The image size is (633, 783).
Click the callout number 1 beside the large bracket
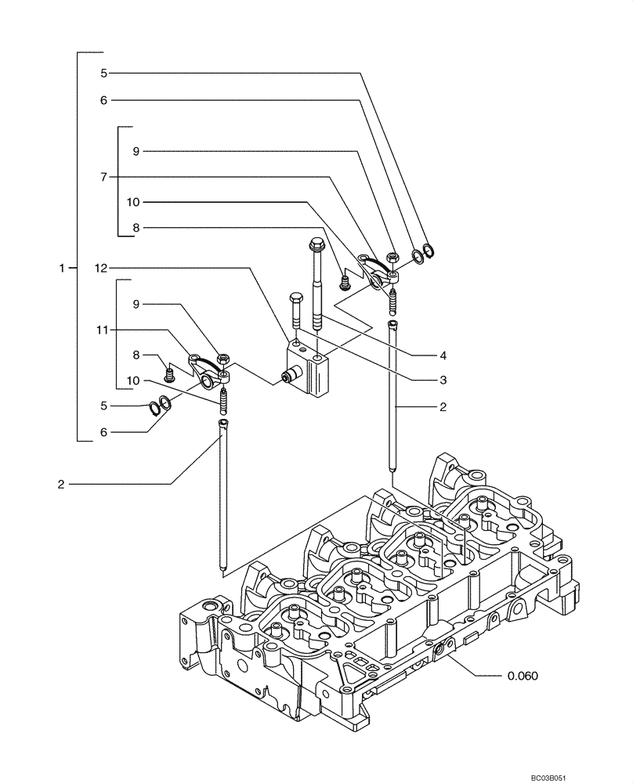click(x=62, y=268)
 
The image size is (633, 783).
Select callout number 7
click(x=103, y=176)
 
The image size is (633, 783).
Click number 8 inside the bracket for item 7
click(x=136, y=227)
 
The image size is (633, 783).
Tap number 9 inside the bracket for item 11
click(x=136, y=303)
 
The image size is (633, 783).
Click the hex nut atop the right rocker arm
click(x=393, y=257)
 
